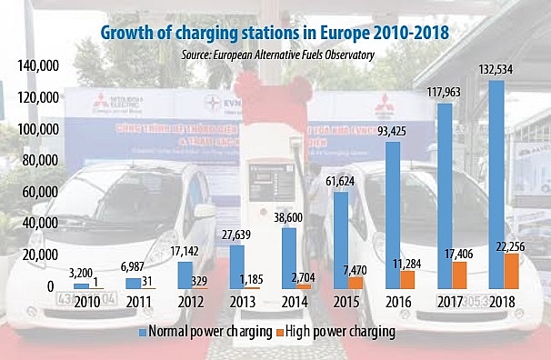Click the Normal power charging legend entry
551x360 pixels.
201,332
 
